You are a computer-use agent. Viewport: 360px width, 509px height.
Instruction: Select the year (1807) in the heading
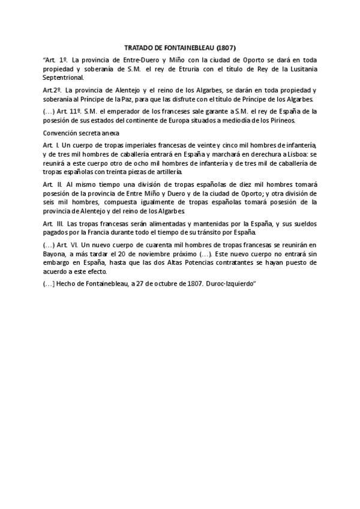point(226,47)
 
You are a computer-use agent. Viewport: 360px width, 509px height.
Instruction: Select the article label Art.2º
point(52,90)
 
